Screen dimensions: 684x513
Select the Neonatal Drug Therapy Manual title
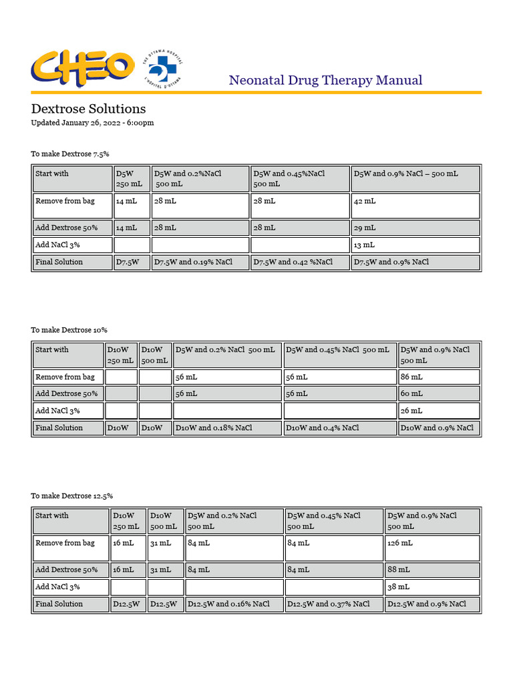pos(325,80)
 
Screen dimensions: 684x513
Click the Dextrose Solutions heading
pos(88,109)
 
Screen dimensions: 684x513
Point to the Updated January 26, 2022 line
pos(92,123)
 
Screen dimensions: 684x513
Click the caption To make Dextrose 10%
pos(69,330)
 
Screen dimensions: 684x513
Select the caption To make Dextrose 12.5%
pos(71,496)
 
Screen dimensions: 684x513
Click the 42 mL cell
pos(415,205)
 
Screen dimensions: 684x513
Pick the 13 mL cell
pos(415,245)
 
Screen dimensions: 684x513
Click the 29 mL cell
pos(415,228)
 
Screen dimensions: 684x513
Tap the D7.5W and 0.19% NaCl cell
pos(200,263)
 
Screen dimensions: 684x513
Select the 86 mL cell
pos(439,377)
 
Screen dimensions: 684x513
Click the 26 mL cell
pos(439,411)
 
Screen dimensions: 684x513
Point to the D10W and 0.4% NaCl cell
pos(339,428)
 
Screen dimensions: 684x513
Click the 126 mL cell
pos(432,548)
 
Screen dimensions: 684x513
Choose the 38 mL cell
pos(432,587)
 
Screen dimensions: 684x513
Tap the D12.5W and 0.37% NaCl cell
pos(334,605)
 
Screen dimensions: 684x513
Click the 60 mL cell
pos(439,394)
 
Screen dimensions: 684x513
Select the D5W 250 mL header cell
pos(132,178)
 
